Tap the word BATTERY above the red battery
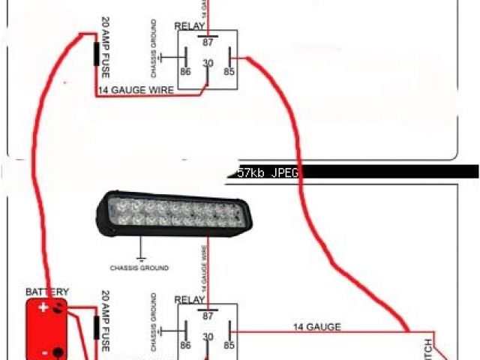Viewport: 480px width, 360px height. click(47, 292)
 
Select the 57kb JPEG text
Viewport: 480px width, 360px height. click(268, 172)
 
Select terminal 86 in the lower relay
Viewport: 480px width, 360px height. click(184, 346)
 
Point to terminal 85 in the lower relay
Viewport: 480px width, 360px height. click(229, 346)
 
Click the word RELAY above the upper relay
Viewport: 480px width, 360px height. click(190, 26)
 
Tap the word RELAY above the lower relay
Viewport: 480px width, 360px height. click(190, 299)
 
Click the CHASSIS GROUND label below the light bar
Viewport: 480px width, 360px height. click(139, 268)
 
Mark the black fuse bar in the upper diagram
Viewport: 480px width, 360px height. click(96, 55)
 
